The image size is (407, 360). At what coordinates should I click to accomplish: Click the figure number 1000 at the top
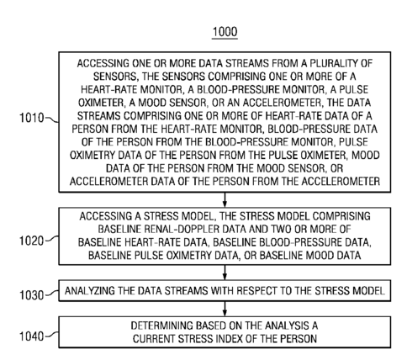[225, 32]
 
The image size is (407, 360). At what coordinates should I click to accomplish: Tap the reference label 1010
[32, 118]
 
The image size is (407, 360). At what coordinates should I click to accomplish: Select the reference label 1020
[32, 241]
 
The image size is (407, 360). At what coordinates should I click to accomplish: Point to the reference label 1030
[32, 295]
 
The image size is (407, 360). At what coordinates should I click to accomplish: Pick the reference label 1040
[32, 336]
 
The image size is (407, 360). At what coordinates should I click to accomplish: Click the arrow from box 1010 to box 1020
[225, 199]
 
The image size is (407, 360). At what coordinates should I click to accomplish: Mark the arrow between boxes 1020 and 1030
[225, 273]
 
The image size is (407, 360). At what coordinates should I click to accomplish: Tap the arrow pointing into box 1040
[225, 309]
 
